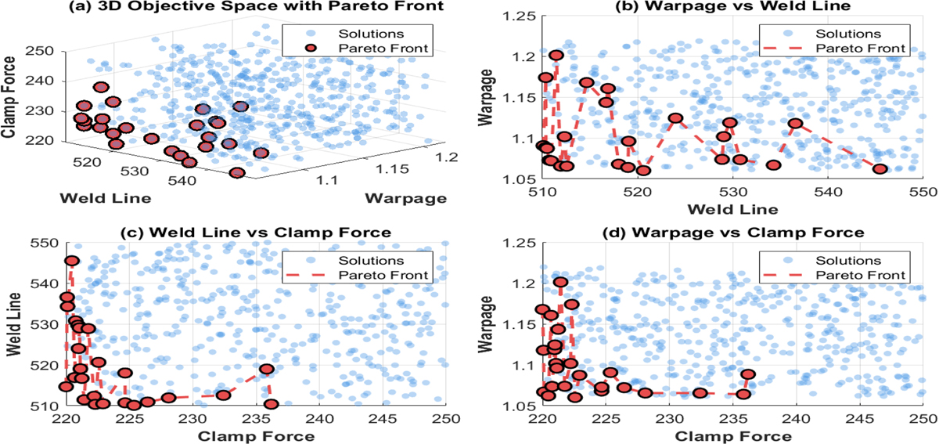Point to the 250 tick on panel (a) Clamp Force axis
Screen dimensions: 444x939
[x=43, y=52]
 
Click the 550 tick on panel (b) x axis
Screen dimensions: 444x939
[x=923, y=193]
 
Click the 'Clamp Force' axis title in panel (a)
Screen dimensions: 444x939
[x=12, y=94]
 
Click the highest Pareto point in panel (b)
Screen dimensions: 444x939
[x=556, y=56]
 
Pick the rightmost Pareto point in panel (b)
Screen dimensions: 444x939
[x=880, y=169]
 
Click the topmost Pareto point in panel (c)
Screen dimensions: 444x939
[x=71, y=261]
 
